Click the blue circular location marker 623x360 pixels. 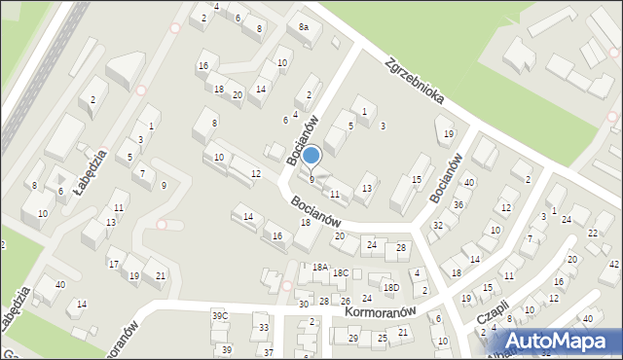pyautogui.click(x=311, y=155)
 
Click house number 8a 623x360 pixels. pyautogui.click(x=304, y=27)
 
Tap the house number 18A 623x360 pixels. pyautogui.click(x=318, y=266)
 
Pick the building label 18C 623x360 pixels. pyautogui.click(x=340, y=273)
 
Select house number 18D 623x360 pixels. pyautogui.click(x=390, y=287)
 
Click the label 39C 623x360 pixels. pyautogui.click(x=221, y=316)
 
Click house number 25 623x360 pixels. pyautogui.click(x=383, y=338)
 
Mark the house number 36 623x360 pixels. pyautogui.click(x=458, y=204)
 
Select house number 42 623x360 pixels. pyautogui.click(x=614, y=264)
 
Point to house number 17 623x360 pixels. pyautogui.click(x=114, y=264)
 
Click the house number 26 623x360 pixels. pyautogui.click(x=346, y=301)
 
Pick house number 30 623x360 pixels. pyautogui.click(x=303, y=305)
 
